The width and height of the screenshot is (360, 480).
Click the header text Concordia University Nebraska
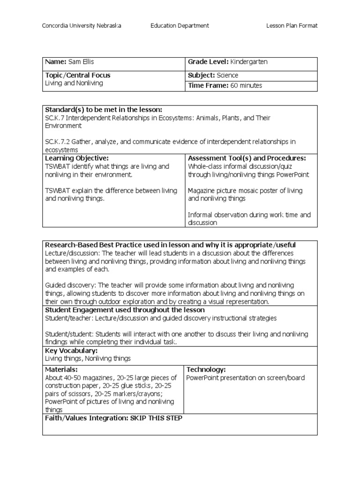[x=82, y=26]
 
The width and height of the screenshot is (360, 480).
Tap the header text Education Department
[x=180, y=26]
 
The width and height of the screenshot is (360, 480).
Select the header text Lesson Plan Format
[x=292, y=26]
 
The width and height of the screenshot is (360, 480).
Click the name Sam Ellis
[x=79, y=62]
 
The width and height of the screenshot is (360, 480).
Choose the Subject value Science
[x=227, y=75]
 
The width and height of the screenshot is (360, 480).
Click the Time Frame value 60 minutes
[x=247, y=85]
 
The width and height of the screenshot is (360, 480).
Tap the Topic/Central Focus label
[x=78, y=75]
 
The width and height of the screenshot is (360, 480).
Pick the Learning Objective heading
[x=77, y=158]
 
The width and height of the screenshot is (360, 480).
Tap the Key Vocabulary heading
[x=71, y=351]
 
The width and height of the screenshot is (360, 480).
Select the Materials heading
[x=58, y=370]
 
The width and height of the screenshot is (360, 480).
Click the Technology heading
[x=206, y=370]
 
